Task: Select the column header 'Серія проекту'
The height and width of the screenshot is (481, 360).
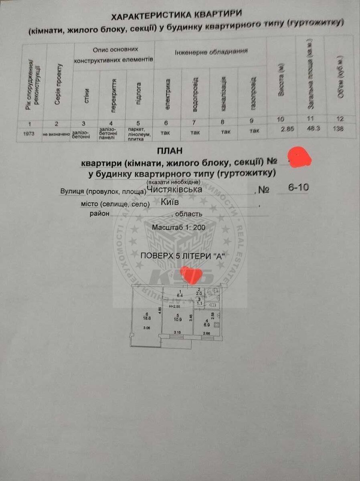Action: click(x=58, y=84)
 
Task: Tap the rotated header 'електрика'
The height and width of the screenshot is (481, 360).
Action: click(x=168, y=94)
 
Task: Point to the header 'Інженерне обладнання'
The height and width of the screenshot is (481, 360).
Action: click(x=211, y=52)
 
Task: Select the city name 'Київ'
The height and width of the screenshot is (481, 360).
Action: click(x=170, y=202)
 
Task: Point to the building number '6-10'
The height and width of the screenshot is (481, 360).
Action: click(x=298, y=187)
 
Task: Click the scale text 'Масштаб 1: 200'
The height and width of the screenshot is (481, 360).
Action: click(x=178, y=227)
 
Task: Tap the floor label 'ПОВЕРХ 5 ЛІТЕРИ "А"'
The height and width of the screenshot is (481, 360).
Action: click(x=182, y=256)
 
